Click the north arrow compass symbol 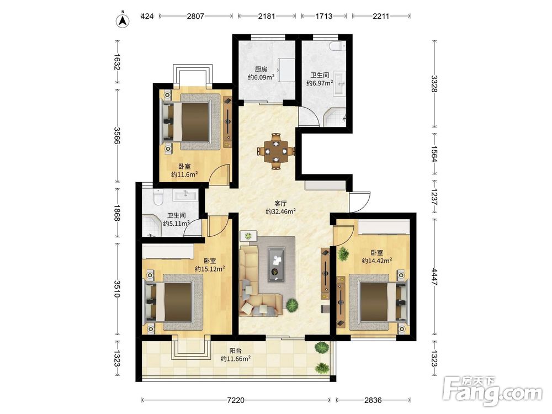coord(123,20)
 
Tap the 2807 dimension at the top coord(195,16)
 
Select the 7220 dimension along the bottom coord(236,400)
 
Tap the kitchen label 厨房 coord(261,69)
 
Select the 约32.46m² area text coord(280,211)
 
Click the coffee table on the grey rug coord(277,264)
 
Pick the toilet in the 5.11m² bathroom coord(158,197)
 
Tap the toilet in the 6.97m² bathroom coord(338,46)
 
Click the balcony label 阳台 coord(236,351)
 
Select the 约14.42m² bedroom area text coord(377,261)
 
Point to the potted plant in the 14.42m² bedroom coord(343,254)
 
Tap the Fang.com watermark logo coord(492,390)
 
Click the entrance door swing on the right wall coord(360,202)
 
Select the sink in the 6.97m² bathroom coord(339,83)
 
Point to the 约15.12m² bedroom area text coord(210,269)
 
